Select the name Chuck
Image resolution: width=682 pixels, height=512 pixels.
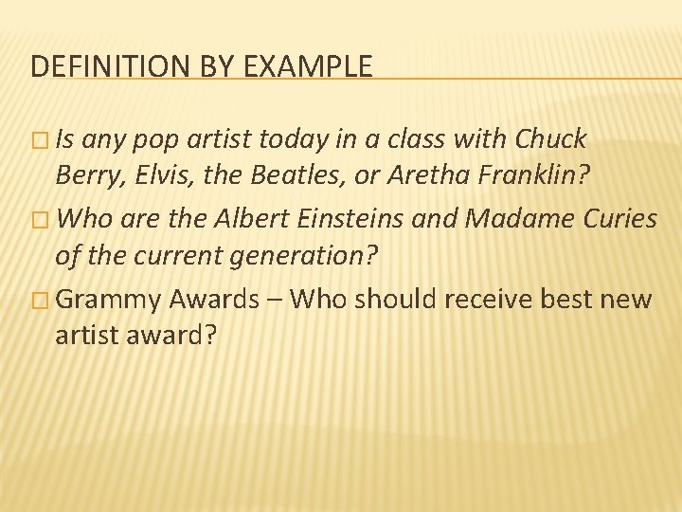click(x=552, y=140)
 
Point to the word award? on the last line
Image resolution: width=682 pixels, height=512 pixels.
click(x=176, y=336)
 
